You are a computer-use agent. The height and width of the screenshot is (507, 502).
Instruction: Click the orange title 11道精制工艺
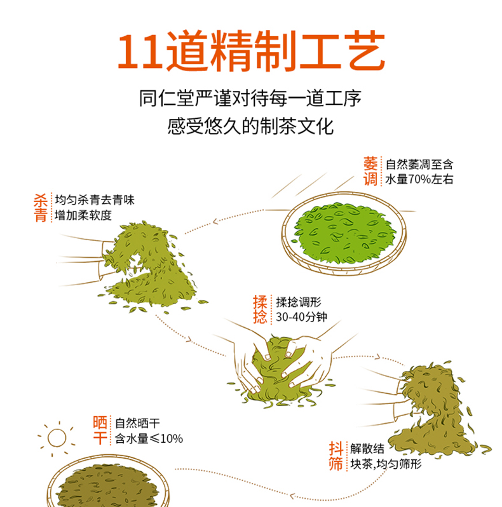coord(251,50)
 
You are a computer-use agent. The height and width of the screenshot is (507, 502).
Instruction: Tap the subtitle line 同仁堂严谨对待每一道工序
coord(250,98)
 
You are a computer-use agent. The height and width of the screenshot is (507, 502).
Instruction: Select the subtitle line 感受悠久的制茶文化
coord(250,126)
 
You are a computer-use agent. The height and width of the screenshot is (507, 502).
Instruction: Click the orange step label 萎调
coord(370,172)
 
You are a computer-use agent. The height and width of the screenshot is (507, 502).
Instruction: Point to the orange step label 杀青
coord(41,208)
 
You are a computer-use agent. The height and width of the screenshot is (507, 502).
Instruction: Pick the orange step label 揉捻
coord(260,309)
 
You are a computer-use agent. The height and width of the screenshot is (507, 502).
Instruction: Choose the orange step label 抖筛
coord(336,456)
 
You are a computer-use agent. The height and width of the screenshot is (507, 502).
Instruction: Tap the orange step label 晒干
coord(100,430)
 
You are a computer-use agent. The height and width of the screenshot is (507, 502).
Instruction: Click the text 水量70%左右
coord(419,179)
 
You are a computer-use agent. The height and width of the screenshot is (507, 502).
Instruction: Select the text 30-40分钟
coord(301,317)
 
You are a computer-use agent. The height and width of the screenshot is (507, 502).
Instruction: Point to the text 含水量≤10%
coord(149,438)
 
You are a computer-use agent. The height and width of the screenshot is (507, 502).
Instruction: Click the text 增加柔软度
coord(83,215)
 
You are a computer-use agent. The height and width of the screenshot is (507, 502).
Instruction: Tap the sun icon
coord(57,438)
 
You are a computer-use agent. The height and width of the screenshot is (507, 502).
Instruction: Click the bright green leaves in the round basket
coord(344,232)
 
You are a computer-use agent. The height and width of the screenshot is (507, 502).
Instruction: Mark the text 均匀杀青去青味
coord(95,200)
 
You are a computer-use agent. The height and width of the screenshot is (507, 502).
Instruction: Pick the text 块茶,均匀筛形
coord(386,464)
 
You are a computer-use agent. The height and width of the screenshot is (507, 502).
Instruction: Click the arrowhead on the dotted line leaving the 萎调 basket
coord(215,222)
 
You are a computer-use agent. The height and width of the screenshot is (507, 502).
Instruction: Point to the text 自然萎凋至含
coord(419,165)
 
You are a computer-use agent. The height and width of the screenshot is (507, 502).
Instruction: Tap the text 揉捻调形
coord(299,302)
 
